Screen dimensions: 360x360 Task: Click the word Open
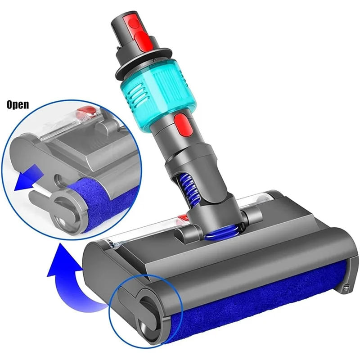tap(18, 105)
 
